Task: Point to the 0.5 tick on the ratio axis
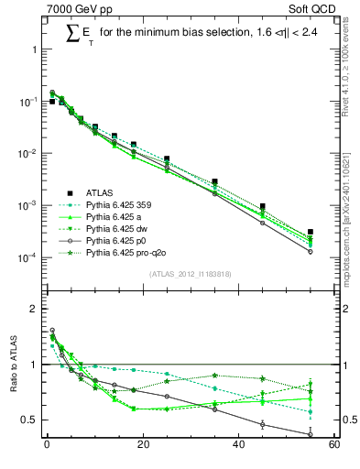point(29,420)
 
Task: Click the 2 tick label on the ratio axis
point(34,309)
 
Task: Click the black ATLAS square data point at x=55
point(311,233)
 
